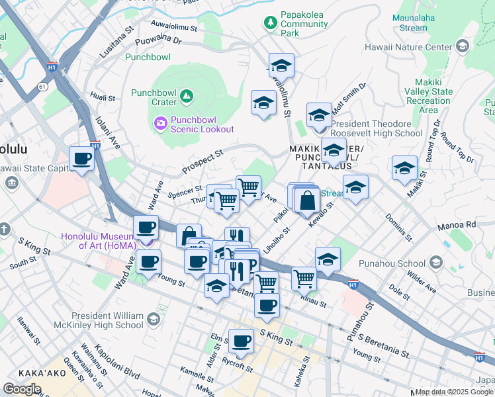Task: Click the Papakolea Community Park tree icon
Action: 270,23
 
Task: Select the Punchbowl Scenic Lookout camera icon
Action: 159,123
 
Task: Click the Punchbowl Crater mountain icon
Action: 187,97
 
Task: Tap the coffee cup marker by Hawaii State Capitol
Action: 82,159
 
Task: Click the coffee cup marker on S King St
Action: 241,341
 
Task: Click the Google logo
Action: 22,388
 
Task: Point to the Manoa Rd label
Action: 457,226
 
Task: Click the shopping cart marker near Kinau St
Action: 304,278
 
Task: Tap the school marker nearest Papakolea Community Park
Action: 281,66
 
